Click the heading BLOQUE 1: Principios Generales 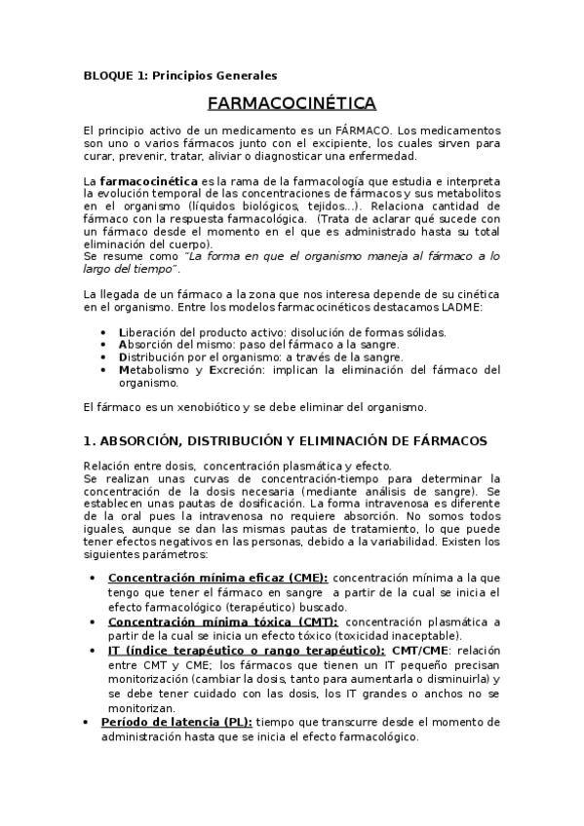click(180, 75)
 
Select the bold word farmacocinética click(148, 181)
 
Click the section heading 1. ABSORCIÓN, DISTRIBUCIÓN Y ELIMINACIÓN click(292, 441)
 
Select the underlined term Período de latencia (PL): click(176, 722)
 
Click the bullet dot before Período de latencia click(90, 722)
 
